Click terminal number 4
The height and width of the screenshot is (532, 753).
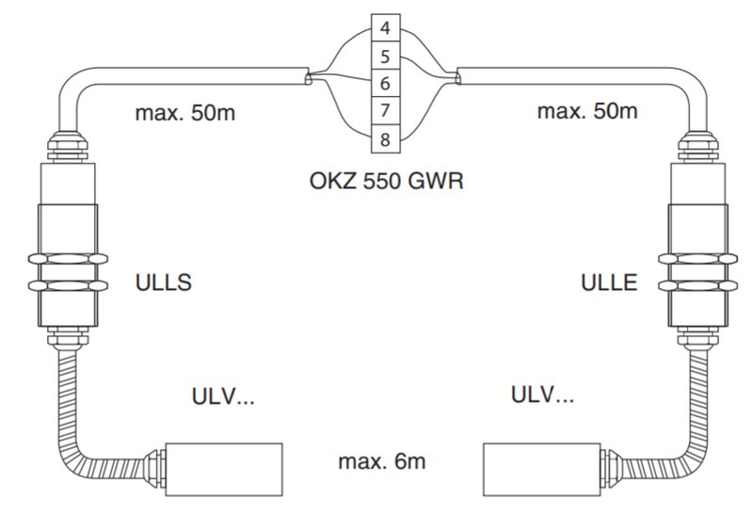tap(385, 28)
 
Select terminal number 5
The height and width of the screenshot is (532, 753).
tap(385, 56)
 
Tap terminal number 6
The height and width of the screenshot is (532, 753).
tap(385, 84)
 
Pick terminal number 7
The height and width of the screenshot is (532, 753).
tap(385, 111)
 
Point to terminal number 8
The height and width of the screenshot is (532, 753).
tap(385, 139)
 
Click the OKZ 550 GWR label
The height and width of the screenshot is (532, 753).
tap(387, 181)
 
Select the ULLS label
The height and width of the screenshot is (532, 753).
tap(163, 282)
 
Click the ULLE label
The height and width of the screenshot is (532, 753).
tap(609, 282)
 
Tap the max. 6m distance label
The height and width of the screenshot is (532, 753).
tap(382, 461)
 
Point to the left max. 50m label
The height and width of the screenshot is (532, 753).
tap(185, 113)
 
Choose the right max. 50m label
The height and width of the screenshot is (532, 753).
tap(587, 111)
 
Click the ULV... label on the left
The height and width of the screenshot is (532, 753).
tap(223, 397)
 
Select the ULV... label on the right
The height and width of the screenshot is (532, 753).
tap(542, 395)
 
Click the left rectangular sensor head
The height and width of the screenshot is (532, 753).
tap(224, 470)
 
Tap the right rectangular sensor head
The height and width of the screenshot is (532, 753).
tap(542, 470)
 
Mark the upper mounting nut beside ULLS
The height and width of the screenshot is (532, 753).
tap(68, 259)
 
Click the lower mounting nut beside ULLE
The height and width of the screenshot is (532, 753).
tap(697, 286)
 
